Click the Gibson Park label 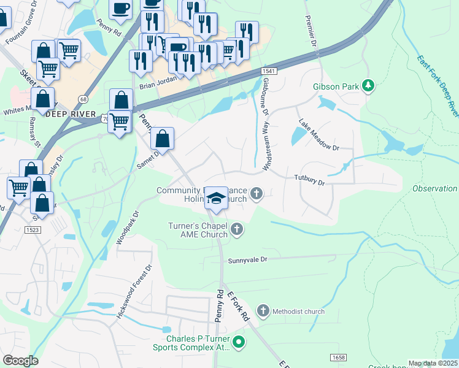336,86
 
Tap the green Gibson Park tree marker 368,86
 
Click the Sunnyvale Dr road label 248,259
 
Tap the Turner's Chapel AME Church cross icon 237,230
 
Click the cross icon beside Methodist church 263,311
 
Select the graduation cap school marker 215,197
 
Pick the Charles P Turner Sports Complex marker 239,342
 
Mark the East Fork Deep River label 438,86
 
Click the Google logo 20,360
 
